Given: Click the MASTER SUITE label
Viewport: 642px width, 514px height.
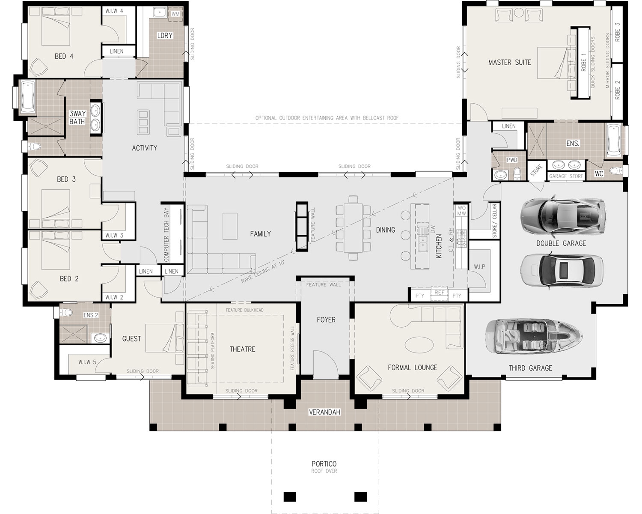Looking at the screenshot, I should tap(509, 63).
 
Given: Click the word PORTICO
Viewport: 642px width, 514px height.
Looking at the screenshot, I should tap(324, 464).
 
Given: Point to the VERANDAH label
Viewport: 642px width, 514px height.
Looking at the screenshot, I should tap(324, 412).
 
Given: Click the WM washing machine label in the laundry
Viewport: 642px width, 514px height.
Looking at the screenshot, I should tap(175, 15).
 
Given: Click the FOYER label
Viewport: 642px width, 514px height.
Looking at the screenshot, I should tap(326, 320).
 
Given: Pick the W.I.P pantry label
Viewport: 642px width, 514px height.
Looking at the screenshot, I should tap(479, 266).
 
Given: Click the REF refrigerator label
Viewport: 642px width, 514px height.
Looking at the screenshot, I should tap(439, 293).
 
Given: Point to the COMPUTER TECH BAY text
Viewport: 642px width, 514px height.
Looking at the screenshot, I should tap(166, 235).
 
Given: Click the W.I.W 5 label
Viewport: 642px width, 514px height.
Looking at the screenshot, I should tap(87, 362).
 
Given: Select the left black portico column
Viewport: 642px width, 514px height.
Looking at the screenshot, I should tap(290, 496).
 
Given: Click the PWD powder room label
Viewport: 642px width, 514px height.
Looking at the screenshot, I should tap(512, 160).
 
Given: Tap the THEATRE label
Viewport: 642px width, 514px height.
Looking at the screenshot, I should tap(242, 349).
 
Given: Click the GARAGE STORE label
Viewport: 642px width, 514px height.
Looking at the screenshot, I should tap(566, 176).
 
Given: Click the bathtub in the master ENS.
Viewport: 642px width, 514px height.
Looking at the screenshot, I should tap(615, 140).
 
